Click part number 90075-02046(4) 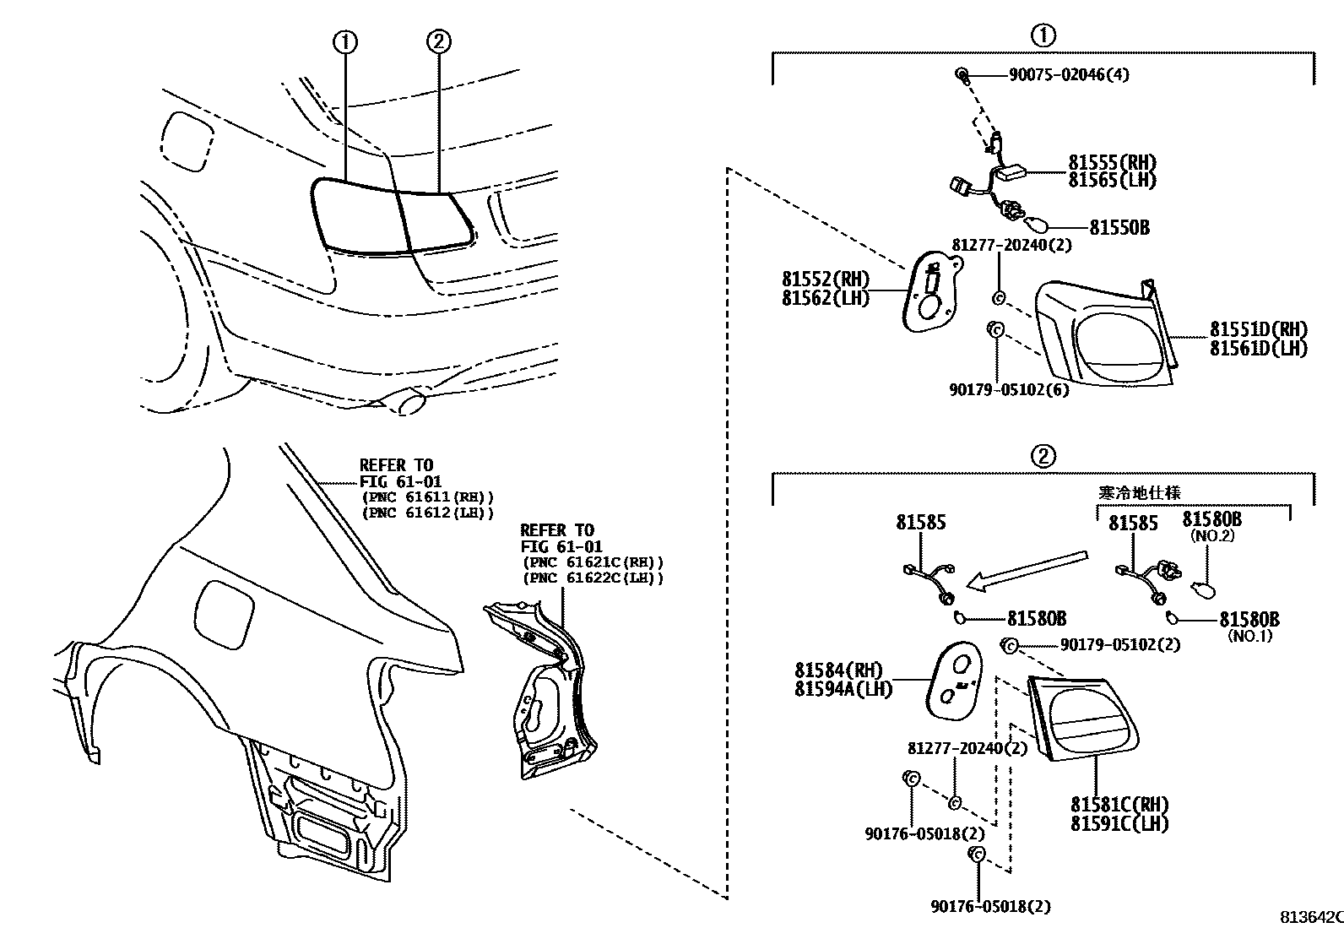coord(1069,74)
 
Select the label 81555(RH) coord(1112,163)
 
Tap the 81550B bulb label coord(1119,228)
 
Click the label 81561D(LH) coord(1258,348)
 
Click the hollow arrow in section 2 coord(1026,570)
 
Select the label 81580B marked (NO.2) coord(1211,520)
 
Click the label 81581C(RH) coord(1119,805)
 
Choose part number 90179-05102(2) coord(1119,645)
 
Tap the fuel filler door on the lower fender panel coord(224,611)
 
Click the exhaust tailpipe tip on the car coord(411,402)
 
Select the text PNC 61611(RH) coord(426,497)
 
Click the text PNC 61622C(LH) coord(593,578)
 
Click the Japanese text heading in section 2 coord(1140,492)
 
